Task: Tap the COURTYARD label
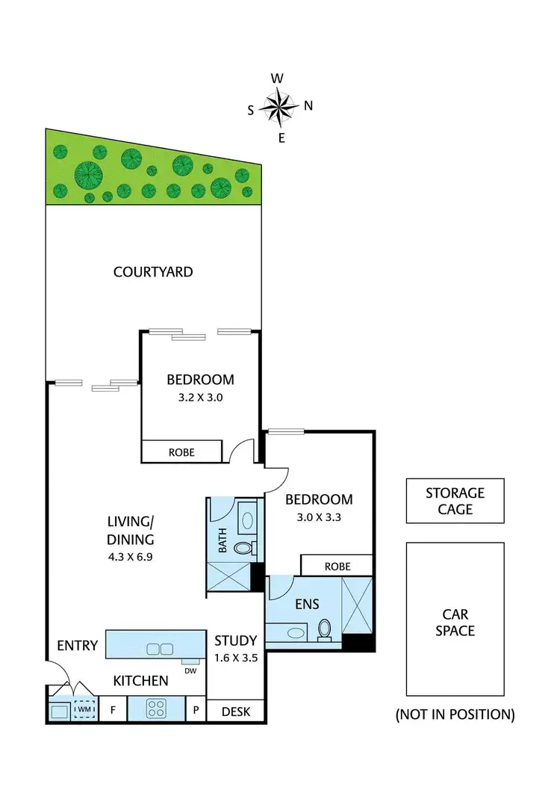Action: [x=153, y=272]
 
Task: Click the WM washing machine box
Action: [x=84, y=709]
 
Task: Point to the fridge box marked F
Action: [x=113, y=709]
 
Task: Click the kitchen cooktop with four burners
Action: [x=155, y=709]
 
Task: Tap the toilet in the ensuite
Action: [x=326, y=629]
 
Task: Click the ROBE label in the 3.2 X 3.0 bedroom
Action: [x=181, y=452]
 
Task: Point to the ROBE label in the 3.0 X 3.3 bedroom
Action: [x=337, y=567]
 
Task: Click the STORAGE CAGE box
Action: [x=455, y=502]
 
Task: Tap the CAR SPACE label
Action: [x=455, y=623]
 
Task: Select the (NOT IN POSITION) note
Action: [x=455, y=715]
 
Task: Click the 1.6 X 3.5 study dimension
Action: [x=235, y=658]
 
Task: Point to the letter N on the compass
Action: [x=308, y=105]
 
